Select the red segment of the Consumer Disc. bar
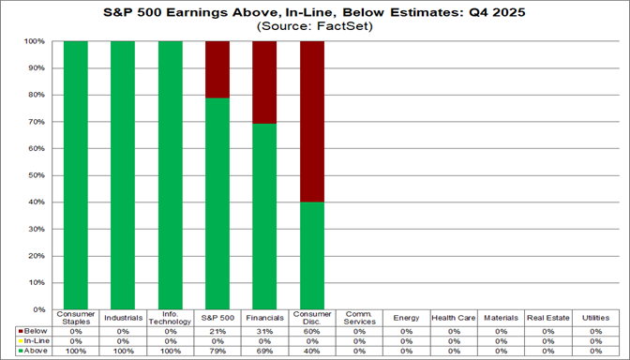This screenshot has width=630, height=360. [312, 122]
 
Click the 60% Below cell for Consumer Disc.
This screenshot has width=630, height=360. [312, 331]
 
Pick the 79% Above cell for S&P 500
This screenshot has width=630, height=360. [217, 352]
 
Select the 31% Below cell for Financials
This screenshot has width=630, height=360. [264, 331]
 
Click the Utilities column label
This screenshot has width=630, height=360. [595, 318]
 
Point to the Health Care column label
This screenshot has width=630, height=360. [454, 318]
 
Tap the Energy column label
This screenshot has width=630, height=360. [406, 318]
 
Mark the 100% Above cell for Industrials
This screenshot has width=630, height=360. [123, 352]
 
